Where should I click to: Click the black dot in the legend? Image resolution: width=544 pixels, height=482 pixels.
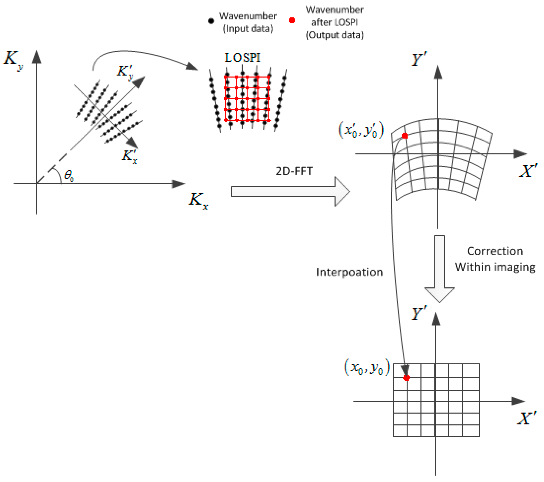click(x=211, y=21)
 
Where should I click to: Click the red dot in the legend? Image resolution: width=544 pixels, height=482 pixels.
click(x=292, y=20)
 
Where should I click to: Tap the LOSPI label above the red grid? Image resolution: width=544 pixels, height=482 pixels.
click(x=242, y=58)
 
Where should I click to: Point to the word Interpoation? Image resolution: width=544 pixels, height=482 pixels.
click(x=349, y=272)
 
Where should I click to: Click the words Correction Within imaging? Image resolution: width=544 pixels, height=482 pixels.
click(x=495, y=259)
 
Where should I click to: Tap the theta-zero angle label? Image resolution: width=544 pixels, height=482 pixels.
click(x=69, y=176)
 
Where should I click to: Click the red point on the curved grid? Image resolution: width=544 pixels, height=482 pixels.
click(x=405, y=136)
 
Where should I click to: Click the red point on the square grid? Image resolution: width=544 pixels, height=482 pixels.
click(x=406, y=378)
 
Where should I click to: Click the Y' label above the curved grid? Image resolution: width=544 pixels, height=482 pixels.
click(x=419, y=59)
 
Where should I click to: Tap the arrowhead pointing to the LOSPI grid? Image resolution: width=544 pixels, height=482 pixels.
click(x=192, y=66)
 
